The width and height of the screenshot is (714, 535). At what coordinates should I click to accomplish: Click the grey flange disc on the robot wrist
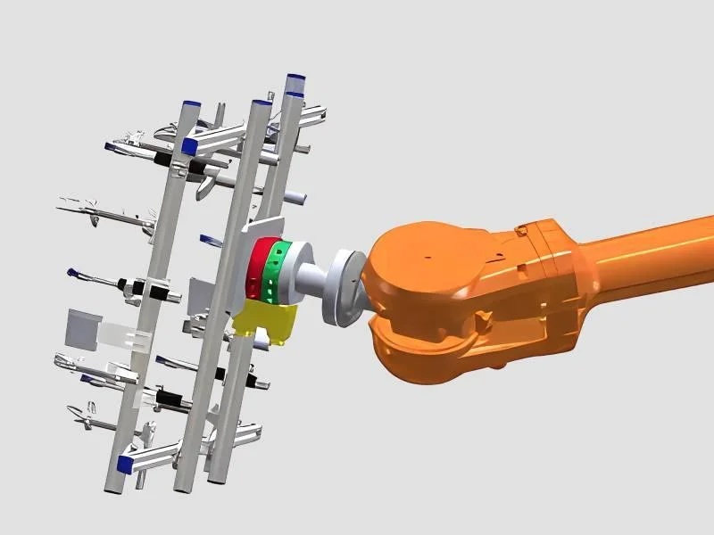coord(344,285)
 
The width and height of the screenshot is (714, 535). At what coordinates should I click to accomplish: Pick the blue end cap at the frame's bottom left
coord(125,463)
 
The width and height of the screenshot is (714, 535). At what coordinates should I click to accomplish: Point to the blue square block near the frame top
coord(189,145)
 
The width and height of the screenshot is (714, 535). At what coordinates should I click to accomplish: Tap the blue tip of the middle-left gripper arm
coord(72,272)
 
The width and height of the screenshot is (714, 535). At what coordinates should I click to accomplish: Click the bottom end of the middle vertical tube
coord(180,486)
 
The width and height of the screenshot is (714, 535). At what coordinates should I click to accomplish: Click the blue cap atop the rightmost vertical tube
coord(295,89)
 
